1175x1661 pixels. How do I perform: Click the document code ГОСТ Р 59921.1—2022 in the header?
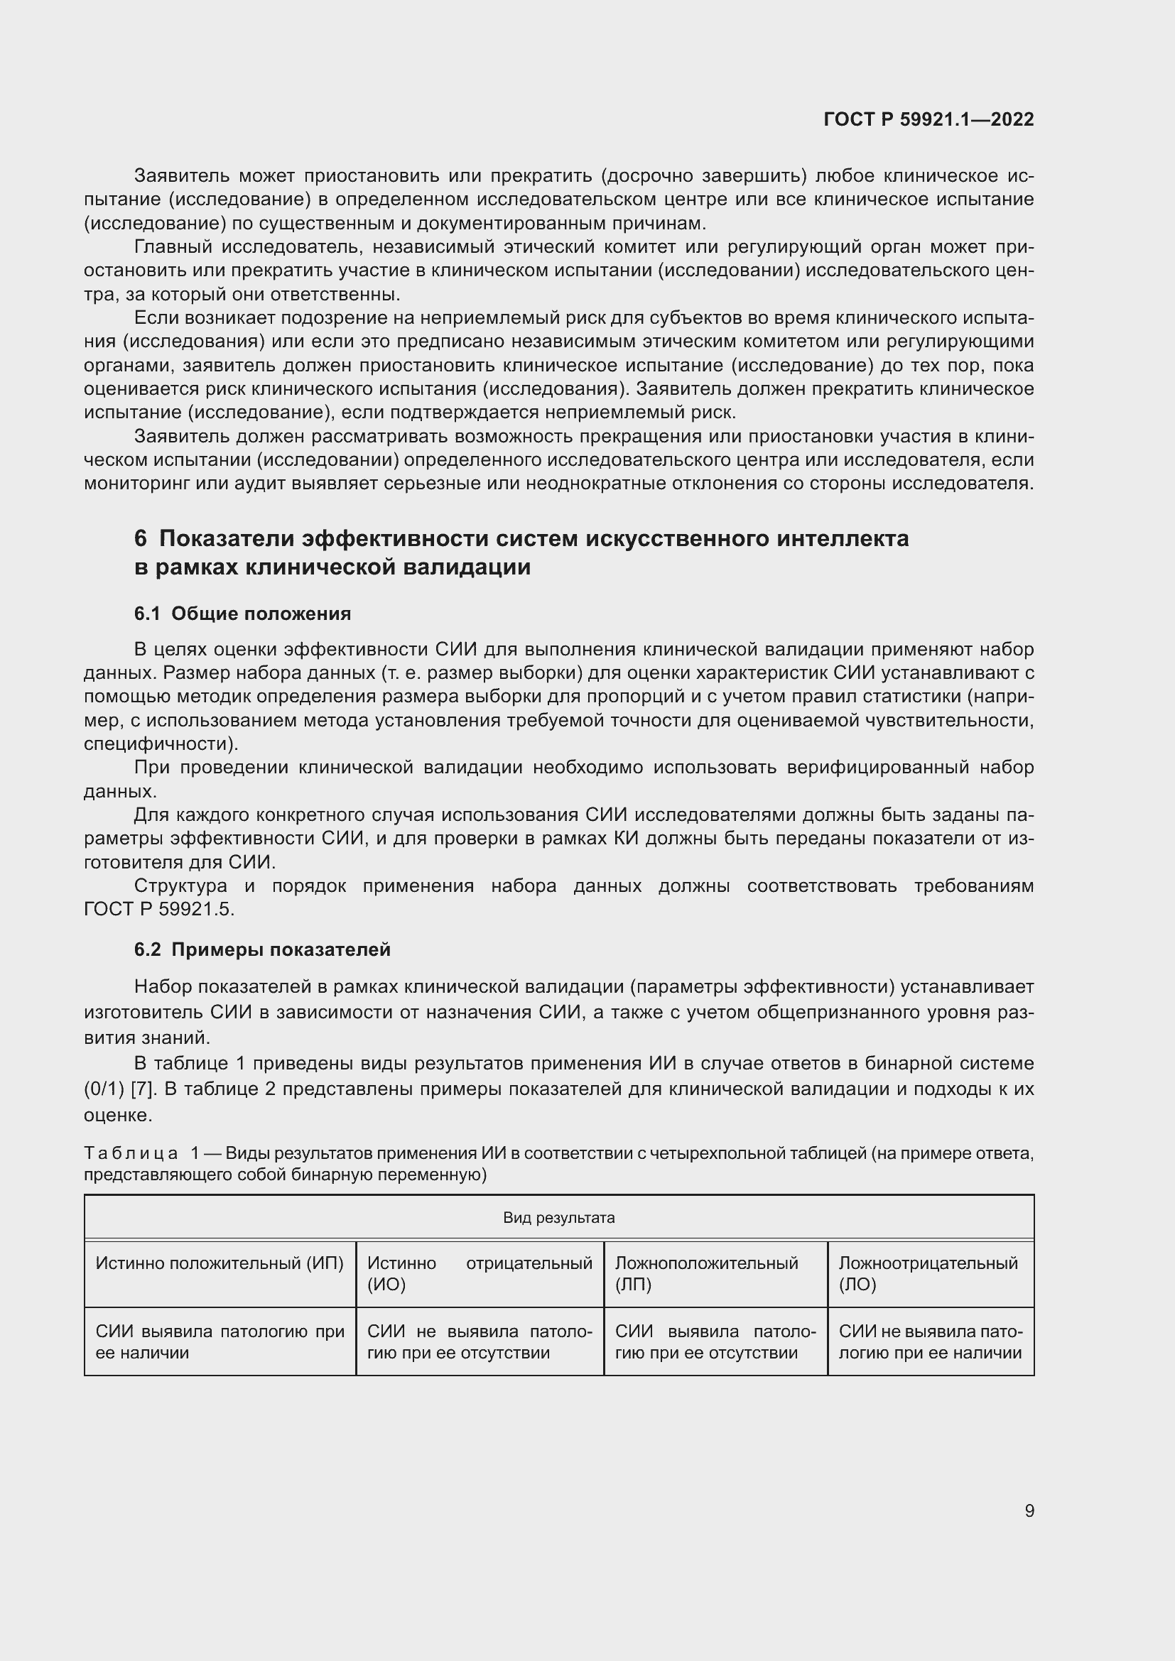928,119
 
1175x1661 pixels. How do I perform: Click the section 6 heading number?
141,539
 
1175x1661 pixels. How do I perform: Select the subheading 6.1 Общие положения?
242,614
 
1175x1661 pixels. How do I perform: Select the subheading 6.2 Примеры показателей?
262,950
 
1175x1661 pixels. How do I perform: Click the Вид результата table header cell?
558,1218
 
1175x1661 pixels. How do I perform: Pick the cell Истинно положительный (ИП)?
220,1263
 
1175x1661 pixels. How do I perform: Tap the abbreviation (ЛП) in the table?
633,1284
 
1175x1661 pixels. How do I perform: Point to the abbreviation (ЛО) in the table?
857,1284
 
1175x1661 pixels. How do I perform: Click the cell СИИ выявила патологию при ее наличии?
220,1342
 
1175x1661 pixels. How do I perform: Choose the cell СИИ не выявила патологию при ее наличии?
930,1342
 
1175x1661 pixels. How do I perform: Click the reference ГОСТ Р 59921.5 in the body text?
158,910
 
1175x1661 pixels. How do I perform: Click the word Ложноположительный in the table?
706,1263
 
